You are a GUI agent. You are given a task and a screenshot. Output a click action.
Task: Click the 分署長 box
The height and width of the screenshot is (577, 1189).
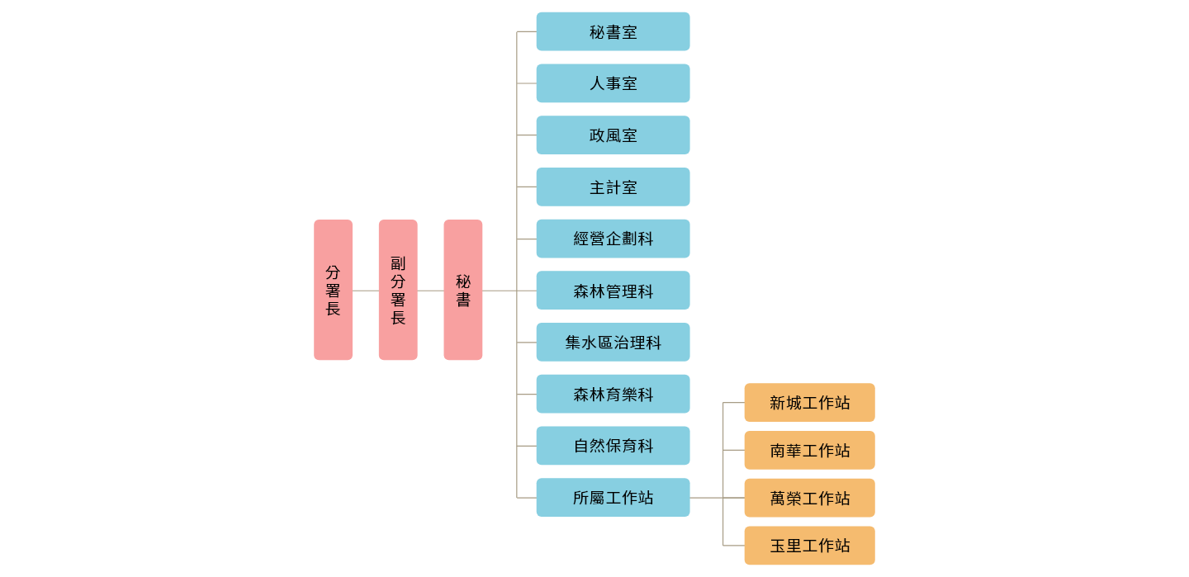pos(333,290)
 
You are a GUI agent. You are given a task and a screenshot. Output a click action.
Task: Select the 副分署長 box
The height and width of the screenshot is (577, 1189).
pos(398,290)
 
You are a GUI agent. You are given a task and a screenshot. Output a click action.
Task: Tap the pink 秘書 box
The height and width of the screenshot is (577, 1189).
pos(462,290)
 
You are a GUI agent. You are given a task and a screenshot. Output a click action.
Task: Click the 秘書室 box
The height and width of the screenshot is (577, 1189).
pos(613,31)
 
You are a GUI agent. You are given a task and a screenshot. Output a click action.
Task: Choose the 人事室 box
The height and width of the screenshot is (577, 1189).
pos(613,83)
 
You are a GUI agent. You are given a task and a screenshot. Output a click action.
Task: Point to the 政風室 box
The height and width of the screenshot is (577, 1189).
pos(613,135)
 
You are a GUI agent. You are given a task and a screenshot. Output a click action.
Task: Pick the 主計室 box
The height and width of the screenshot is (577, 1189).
pos(613,187)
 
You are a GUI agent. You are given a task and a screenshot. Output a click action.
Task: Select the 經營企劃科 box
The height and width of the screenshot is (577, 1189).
pos(613,239)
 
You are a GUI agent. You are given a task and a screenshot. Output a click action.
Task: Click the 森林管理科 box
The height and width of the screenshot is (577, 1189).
pos(613,291)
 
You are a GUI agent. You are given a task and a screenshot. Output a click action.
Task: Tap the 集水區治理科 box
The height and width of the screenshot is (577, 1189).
pos(613,343)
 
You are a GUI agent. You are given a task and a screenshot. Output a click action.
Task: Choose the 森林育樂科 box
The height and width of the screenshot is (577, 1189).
pos(613,395)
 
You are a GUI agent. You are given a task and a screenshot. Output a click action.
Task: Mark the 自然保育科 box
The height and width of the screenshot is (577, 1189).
pos(613,446)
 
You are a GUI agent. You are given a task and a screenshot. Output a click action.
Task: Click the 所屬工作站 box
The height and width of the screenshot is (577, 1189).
pos(613,498)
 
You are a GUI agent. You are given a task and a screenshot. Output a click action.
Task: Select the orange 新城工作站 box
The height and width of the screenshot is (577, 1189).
pos(809,403)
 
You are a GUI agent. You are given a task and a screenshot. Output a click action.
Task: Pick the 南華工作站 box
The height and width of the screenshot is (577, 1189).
pos(809,451)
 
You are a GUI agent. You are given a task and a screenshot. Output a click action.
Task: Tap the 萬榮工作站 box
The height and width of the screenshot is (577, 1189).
pos(809,498)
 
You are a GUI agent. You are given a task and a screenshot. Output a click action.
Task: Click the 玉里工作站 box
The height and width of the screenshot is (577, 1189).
pos(809,546)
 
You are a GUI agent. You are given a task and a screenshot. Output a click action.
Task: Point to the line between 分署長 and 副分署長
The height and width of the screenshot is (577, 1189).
pos(365,291)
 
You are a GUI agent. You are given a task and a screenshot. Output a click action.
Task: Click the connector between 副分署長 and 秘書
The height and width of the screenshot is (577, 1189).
pos(430,291)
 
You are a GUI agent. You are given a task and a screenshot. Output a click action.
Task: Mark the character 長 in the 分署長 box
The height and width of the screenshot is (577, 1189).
pos(333,310)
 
